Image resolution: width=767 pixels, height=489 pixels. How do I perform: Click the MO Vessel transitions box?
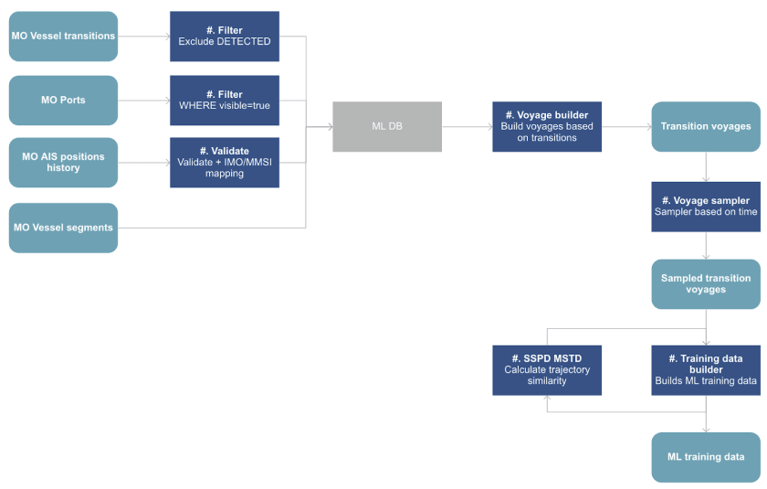coord(63,37)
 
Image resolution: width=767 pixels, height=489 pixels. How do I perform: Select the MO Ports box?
coord(63,101)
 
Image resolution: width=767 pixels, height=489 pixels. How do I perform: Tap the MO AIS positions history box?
coord(63,163)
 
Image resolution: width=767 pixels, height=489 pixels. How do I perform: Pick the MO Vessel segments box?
coord(63,228)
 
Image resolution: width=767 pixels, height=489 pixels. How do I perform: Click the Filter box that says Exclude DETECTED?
coord(224,37)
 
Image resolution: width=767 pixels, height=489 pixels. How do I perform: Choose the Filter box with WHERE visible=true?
coord(224,101)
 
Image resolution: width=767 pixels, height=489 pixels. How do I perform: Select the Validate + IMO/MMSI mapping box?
coord(224,163)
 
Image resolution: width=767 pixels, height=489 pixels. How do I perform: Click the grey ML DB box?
coord(387,126)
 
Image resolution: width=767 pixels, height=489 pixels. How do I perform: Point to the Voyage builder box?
coord(547,126)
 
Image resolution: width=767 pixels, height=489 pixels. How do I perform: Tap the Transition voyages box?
coord(706,126)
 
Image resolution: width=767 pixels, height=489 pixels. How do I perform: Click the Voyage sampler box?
coord(706,207)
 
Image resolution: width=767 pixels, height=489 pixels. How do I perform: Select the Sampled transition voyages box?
coord(706,284)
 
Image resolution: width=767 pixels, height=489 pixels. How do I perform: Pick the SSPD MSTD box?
coord(547,369)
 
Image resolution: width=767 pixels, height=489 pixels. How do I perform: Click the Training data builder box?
coord(706,369)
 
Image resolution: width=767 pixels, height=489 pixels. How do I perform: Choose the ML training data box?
coord(706,457)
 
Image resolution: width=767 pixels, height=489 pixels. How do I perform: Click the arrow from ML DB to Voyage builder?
coord(467,126)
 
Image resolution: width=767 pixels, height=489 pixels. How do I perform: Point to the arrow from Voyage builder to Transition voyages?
coord(626,126)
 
